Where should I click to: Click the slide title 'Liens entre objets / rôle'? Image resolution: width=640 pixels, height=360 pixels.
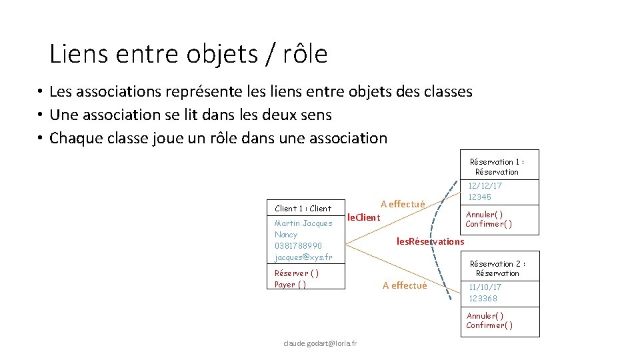[x=189, y=55]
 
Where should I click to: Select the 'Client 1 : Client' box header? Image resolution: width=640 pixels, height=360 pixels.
[x=303, y=209]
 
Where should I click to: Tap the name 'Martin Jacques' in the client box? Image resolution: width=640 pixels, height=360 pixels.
[x=303, y=223]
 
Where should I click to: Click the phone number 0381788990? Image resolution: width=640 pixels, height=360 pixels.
[x=298, y=246]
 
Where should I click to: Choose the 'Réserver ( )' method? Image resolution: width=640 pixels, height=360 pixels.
[x=297, y=273]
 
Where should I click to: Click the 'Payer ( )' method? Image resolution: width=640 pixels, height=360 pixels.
[x=291, y=285]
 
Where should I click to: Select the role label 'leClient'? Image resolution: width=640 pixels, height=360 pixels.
[x=364, y=218]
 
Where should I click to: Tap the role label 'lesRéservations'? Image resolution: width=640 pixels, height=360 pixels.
[x=430, y=241]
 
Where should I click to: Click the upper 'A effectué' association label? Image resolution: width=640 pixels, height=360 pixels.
[x=403, y=204]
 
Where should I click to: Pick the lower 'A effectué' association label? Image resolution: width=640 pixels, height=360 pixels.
[x=405, y=285]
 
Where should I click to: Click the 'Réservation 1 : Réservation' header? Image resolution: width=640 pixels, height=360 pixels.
[x=497, y=167]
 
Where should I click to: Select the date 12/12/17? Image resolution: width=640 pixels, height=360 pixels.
[x=485, y=186]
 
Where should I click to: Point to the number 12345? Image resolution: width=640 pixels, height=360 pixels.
[x=479, y=197]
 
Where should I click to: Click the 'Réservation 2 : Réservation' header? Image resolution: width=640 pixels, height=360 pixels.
[x=497, y=269]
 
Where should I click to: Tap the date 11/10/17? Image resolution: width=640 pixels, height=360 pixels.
[x=485, y=287]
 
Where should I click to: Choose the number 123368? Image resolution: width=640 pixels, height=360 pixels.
[x=483, y=299]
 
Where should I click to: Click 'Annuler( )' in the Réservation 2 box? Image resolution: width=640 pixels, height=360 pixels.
[x=485, y=316]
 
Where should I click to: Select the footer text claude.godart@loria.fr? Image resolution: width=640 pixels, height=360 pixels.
[x=320, y=343]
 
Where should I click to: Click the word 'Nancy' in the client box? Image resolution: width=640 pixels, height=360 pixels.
[x=286, y=235]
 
